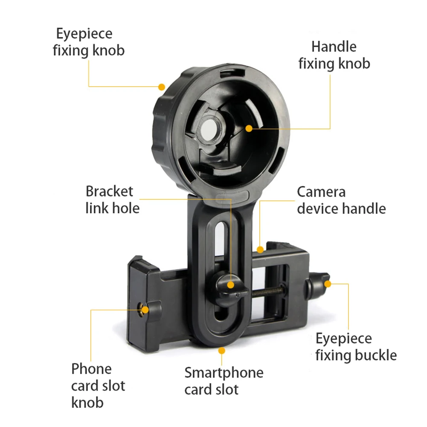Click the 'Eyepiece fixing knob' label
point(89,42)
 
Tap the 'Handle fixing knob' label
point(334,55)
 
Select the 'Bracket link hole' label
point(113,200)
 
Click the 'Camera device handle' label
point(341,200)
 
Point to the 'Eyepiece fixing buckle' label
point(356,347)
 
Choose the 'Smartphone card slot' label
point(224,381)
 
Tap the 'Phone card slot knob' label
point(98,386)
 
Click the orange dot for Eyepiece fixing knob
point(161,87)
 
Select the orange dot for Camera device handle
point(261,249)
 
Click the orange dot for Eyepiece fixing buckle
point(328,283)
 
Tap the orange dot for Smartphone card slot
point(221,350)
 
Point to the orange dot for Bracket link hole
point(231,285)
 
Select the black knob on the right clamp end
point(318,285)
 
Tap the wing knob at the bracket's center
point(229,289)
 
